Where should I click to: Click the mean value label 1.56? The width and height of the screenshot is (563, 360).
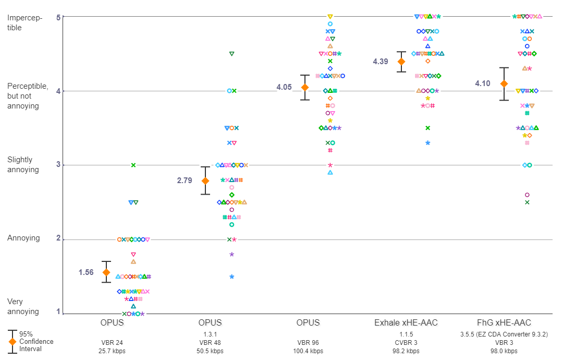click(86, 272)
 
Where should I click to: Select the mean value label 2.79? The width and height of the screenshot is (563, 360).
click(185, 181)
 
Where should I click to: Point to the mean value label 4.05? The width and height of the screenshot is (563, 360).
click(284, 87)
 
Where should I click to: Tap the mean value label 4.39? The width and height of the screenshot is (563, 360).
click(381, 62)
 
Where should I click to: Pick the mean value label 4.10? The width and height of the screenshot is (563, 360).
click(483, 83)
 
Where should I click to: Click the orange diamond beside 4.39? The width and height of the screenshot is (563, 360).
click(401, 62)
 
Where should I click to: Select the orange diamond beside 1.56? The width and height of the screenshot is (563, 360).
click(106, 272)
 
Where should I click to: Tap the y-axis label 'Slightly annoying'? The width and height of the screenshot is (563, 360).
click(23, 165)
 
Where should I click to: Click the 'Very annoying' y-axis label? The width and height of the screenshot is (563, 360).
click(23, 306)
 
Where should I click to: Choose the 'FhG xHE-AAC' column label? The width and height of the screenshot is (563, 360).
click(504, 323)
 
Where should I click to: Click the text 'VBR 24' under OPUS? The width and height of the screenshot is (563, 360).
click(112, 342)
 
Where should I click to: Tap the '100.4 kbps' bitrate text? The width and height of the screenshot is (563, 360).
click(308, 351)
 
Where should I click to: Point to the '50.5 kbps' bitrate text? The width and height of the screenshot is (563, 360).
click(210, 351)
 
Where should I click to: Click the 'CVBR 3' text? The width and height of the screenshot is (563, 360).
click(406, 342)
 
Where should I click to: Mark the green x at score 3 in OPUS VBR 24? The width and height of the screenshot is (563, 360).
click(133, 165)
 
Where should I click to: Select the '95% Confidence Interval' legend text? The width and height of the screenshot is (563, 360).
click(36, 341)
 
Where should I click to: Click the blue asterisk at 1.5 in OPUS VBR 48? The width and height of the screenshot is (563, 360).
click(231, 277)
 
